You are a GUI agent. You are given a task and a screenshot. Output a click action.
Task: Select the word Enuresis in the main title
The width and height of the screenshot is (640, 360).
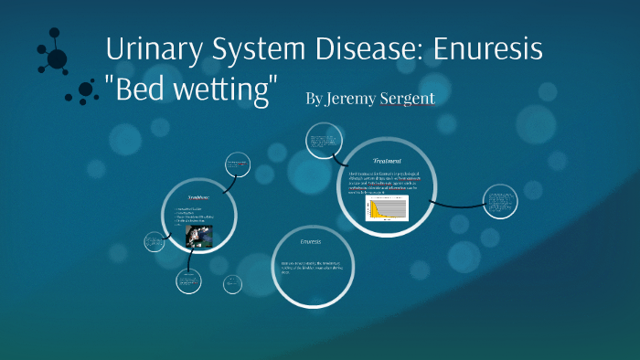pyautogui.click(x=492, y=49)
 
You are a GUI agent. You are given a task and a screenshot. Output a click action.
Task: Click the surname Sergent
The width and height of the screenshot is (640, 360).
pyautogui.click(x=408, y=99)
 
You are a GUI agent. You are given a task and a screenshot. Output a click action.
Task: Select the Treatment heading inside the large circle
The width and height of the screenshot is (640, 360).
pyautogui.click(x=388, y=160)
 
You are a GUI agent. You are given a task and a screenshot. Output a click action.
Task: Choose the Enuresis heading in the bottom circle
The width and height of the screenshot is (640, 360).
pyautogui.click(x=311, y=242)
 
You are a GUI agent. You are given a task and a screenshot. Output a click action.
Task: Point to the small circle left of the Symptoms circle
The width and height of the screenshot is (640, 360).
pyautogui.click(x=153, y=242)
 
